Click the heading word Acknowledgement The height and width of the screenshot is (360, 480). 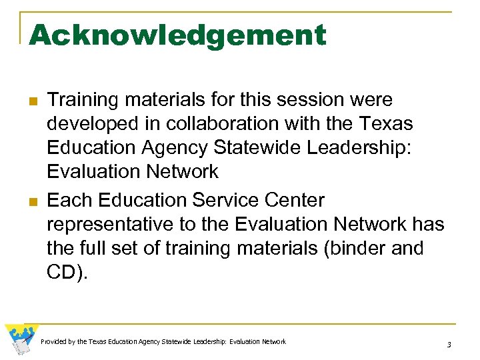(x=178, y=35)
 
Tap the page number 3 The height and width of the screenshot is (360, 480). (x=449, y=344)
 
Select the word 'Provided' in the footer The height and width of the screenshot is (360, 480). (x=53, y=341)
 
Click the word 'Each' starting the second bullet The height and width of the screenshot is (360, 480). (x=69, y=199)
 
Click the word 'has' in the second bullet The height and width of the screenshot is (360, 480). (x=429, y=224)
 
